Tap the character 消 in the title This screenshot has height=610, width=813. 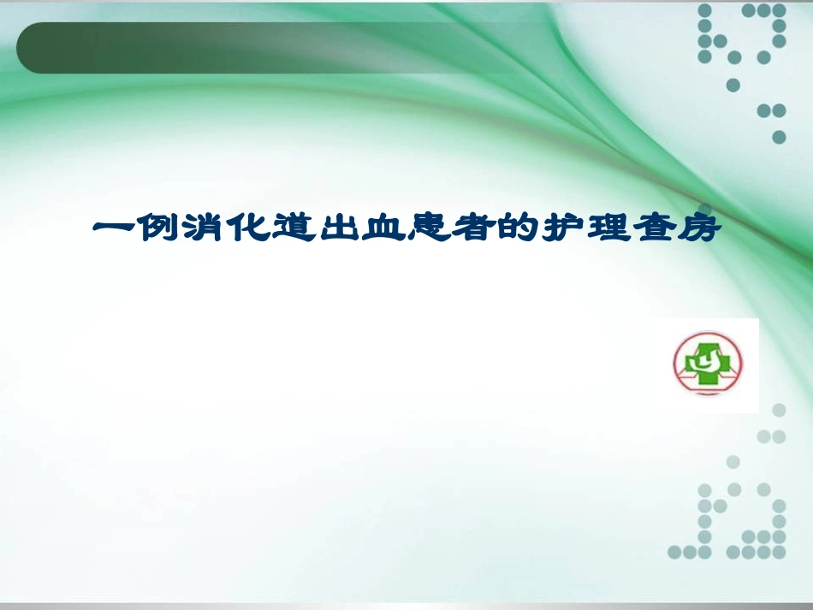click(205, 230)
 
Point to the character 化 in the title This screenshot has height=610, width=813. click(252, 230)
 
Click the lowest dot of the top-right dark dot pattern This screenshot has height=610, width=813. click(779, 137)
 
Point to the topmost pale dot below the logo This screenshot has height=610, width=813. click(779, 411)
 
